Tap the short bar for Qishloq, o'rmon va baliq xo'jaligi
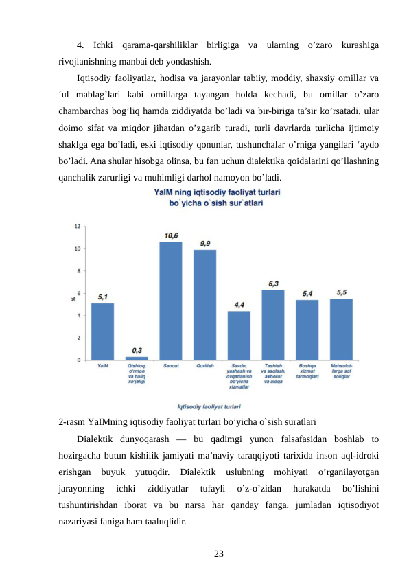(137, 358)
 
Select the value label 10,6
(171, 235)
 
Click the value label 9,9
(204, 243)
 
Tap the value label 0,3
(137, 350)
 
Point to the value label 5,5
(341, 292)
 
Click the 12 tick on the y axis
(77, 226)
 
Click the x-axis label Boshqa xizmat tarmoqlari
(307, 371)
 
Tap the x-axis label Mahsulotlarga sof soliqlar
(341, 371)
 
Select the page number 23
(218, 553)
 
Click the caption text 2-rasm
(72, 421)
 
